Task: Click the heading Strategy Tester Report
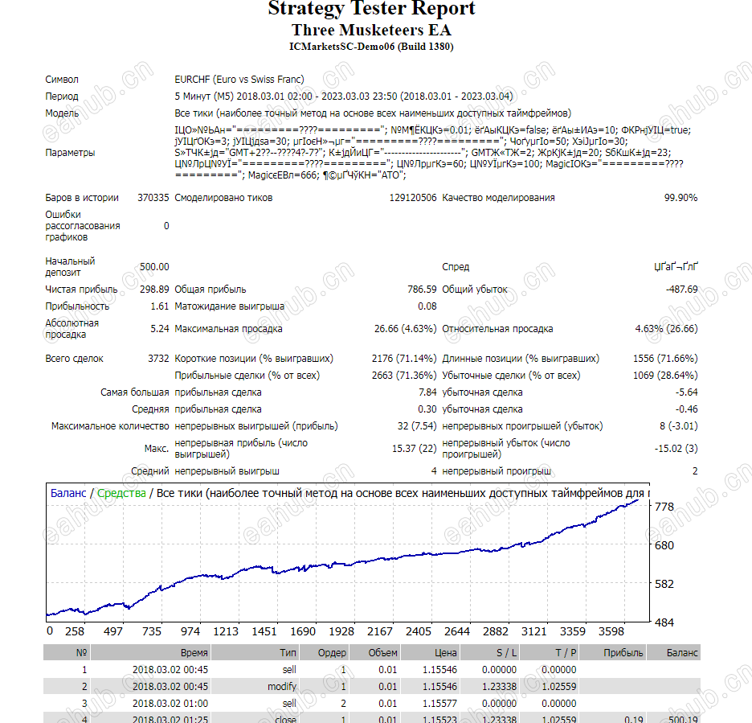pos(371,10)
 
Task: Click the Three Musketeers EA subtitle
pos(371,31)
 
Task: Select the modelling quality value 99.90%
pos(680,198)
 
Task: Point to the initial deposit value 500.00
pos(154,267)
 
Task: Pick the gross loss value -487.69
pos(682,290)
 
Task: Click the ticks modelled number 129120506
pos(413,198)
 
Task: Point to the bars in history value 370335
pos(153,198)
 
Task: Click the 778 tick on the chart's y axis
pos(664,507)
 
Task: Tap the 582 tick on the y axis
pos(664,584)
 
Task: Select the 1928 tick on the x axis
pos(341,632)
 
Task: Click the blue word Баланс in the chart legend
pos(67,493)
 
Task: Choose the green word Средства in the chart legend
pos(121,493)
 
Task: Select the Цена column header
pos(445,653)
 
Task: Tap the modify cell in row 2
pos(282,687)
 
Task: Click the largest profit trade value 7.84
pos(427,392)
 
